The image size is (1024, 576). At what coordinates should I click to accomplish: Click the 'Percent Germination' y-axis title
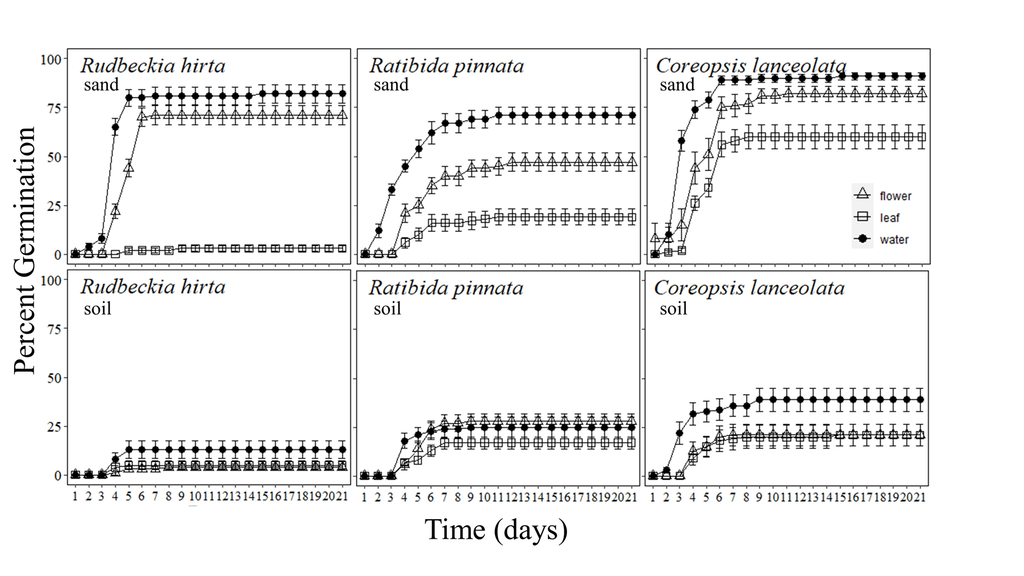[25, 250]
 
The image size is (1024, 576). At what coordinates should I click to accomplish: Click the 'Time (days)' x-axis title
[496, 530]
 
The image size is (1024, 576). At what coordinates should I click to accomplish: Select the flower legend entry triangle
[862, 195]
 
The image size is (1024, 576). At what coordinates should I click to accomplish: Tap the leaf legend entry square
[862, 217]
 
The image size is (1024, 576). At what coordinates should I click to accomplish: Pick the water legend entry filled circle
[862, 239]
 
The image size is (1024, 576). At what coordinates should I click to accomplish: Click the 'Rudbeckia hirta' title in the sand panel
[152, 65]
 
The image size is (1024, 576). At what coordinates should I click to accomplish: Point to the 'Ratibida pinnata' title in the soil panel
[446, 288]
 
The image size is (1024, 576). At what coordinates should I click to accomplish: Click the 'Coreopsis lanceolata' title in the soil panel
[749, 288]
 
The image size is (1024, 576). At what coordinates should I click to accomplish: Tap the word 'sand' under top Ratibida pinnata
[390, 85]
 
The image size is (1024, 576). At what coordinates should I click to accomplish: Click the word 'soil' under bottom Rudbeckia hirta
[97, 309]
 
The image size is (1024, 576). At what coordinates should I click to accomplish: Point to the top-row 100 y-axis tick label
[51, 59]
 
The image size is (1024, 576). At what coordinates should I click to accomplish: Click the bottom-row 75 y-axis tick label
[54, 329]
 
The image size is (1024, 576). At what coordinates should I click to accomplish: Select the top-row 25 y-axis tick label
[54, 206]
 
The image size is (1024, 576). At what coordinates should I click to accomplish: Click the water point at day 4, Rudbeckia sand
[115, 127]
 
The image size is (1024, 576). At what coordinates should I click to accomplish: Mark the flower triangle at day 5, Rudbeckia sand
[129, 168]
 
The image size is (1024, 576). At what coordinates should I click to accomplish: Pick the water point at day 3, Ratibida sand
[392, 189]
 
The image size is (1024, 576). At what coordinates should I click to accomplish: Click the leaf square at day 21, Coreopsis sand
[922, 137]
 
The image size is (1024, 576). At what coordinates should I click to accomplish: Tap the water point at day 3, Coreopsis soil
[679, 433]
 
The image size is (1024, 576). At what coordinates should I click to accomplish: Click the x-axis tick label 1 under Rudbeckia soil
[75, 497]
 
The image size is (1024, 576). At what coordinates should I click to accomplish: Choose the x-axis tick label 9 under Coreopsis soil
[760, 497]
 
